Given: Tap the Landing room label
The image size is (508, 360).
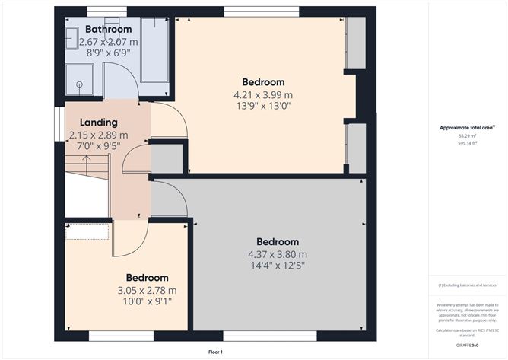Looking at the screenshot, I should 98,122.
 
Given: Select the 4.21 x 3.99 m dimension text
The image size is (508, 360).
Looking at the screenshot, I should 263,95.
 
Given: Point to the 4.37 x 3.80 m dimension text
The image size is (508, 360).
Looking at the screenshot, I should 278,254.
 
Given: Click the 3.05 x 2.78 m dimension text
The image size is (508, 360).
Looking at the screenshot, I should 147,290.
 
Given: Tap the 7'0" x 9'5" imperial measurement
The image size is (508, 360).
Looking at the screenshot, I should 98,148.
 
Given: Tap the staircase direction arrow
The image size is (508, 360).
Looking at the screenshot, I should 87,162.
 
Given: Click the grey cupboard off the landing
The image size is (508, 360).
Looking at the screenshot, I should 167,157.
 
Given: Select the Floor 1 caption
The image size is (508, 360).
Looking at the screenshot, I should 218,352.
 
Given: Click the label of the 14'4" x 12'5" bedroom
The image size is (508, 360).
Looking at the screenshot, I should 278,242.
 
